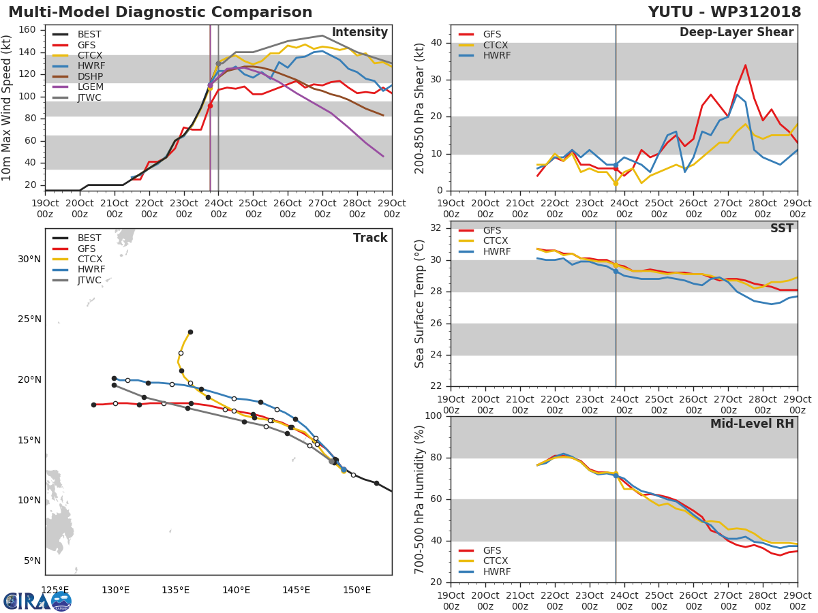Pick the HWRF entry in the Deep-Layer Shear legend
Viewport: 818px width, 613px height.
(496, 56)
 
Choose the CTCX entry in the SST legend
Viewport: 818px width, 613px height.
(495, 241)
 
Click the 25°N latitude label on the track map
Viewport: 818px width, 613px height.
(29, 319)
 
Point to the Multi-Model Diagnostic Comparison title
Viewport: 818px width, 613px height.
(160, 12)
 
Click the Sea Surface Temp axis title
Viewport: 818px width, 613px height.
(421, 304)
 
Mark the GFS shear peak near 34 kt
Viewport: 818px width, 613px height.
(745, 65)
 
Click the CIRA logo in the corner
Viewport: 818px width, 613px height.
(37, 601)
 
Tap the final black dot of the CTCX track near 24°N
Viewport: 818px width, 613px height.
(190, 332)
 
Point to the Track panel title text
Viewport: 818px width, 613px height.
(370, 238)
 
